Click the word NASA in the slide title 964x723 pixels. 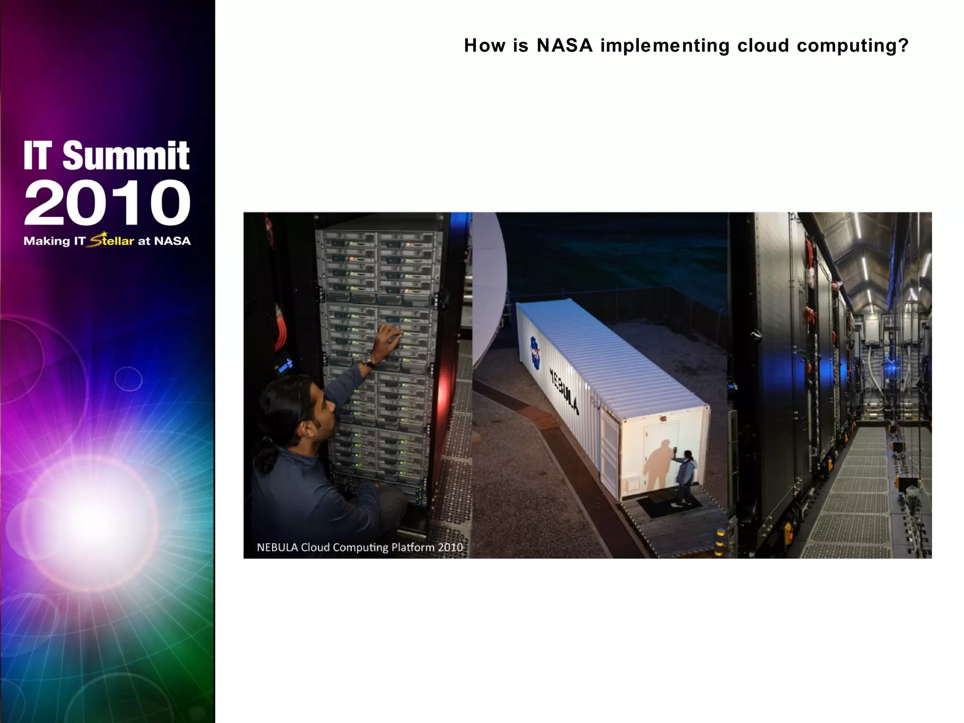click(564, 46)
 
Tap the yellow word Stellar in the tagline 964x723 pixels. click(112, 241)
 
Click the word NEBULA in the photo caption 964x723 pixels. click(277, 547)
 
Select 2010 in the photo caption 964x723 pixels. click(450, 547)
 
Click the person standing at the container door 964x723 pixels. click(685, 475)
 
